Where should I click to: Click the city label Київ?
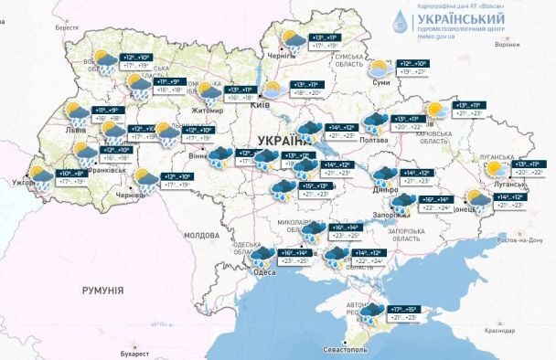coord(260,105)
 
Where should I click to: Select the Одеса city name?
coord(265,272)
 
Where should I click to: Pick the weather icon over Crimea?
coord(370,314)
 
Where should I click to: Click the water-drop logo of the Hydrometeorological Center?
coord(401,23)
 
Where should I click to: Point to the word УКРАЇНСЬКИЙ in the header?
coord(461,19)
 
